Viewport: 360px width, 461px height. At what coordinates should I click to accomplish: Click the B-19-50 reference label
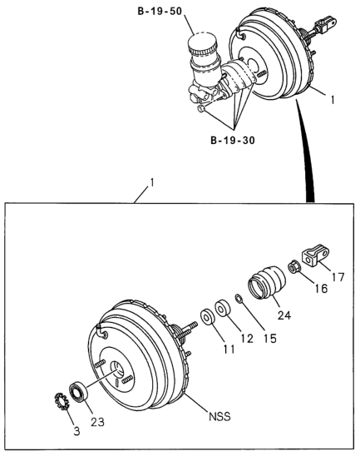click(160, 12)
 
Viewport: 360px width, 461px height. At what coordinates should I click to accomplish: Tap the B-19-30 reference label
click(233, 141)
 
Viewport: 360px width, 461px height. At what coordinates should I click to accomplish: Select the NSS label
click(220, 416)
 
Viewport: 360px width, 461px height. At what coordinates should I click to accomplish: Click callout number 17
click(338, 277)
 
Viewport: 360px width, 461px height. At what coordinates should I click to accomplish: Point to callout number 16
click(322, 289)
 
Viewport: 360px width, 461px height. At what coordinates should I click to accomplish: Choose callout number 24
click(284, 315)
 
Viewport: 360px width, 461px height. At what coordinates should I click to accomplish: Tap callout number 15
click(270, 339)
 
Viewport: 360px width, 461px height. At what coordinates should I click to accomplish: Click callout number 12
click(247, 339)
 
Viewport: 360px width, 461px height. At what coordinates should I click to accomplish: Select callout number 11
click(229, 349)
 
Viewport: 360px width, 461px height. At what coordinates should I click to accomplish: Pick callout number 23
click(97, 422)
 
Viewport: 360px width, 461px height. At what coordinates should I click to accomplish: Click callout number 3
click(76, 431)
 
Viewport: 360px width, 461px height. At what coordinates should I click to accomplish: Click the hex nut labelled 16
click(293, 268)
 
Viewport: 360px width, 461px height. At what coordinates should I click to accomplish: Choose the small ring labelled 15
click(239, 299)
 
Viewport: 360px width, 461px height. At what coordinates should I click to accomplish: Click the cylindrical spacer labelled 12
click(222, 308)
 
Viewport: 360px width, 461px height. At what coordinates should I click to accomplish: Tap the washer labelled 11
click(208, 317)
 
